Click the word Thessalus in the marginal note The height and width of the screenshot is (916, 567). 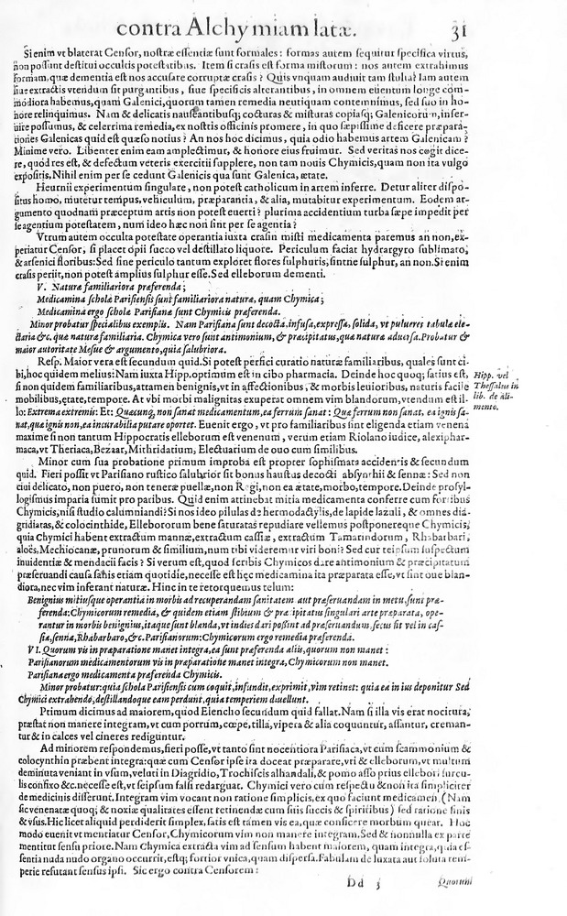coord(500,387)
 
